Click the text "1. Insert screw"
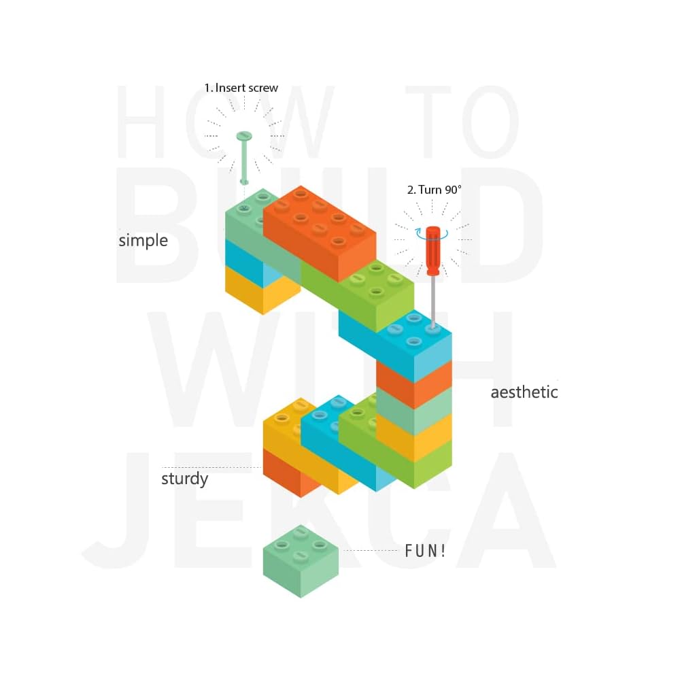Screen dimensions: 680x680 [241, 88]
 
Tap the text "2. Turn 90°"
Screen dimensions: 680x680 [434, 190]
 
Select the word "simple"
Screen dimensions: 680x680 [143, 241]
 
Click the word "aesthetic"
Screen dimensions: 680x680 [524, 392]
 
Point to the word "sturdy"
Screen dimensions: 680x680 [184, 479]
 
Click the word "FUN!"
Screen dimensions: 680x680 [426, 551]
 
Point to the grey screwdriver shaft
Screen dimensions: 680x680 [432, 299]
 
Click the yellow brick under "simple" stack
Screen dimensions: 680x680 [262, 292]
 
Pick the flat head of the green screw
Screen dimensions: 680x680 [243, 136]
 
